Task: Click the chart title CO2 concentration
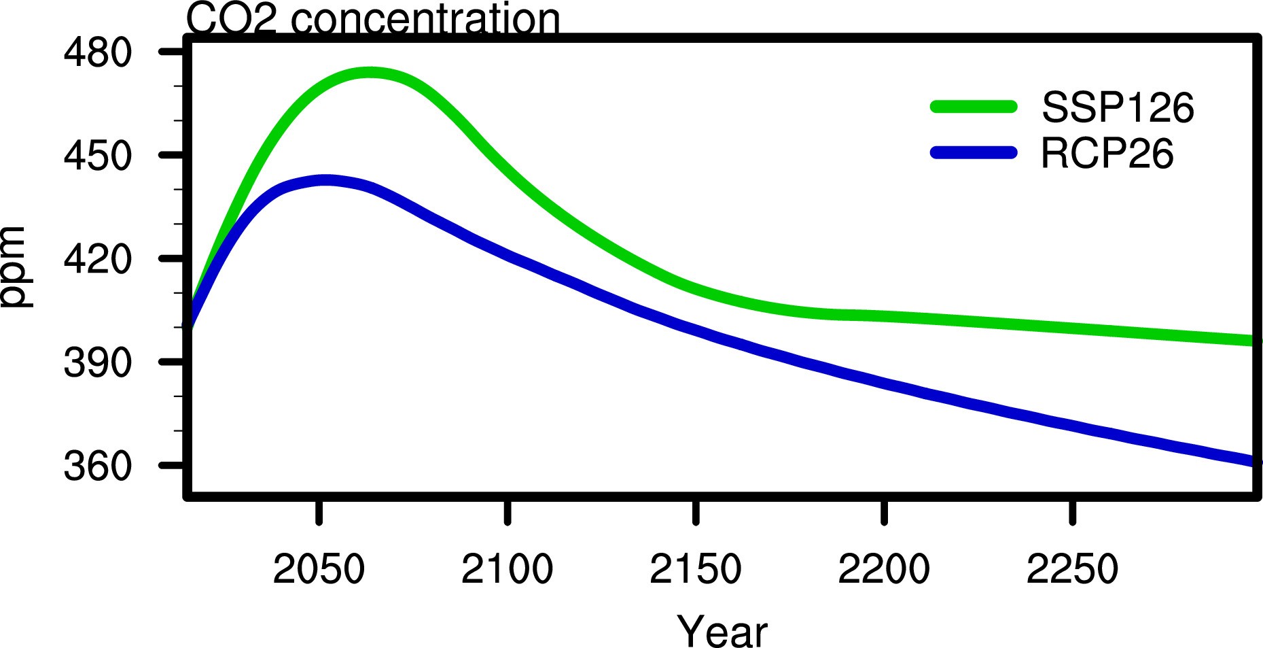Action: click(373, 18)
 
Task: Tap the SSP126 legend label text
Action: click(1118, 107)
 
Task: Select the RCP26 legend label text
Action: click(1107, 153)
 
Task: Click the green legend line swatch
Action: click(974, 107)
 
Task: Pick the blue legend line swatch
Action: click(974, 152)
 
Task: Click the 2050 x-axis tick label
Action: click(319, 569)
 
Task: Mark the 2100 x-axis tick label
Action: click(507, 569)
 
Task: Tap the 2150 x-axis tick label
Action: click(695, 569)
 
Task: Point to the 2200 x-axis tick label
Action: click(883, 569)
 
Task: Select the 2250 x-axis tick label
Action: click(1072, 569)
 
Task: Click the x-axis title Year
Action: click(722, 631)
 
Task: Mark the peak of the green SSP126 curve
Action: click(370, 72)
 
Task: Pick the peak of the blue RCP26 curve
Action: click(326, 180)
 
